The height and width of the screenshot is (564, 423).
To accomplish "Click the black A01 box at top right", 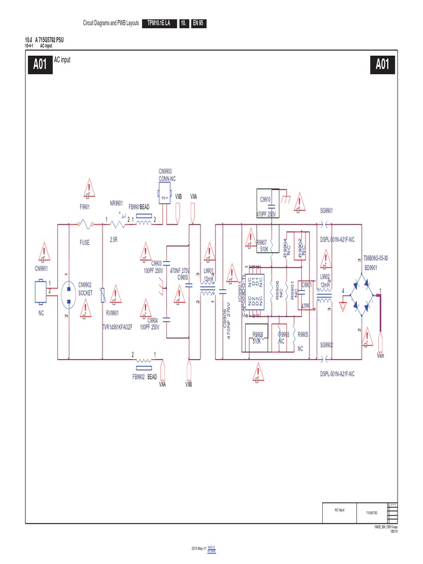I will tap(382, 64).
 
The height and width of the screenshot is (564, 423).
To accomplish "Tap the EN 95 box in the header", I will tap(198, 23).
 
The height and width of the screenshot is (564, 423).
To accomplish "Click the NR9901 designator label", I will tap(117, 203).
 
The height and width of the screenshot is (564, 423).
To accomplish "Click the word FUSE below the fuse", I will tap(84, 242).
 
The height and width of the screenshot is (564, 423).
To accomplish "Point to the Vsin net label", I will tap(383, 356).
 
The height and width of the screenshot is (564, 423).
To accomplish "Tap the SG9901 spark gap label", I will tap(328, 210).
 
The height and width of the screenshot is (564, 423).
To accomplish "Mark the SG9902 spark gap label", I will tap(328, 345).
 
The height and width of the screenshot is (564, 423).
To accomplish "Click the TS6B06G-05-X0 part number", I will tap(379, 257).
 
